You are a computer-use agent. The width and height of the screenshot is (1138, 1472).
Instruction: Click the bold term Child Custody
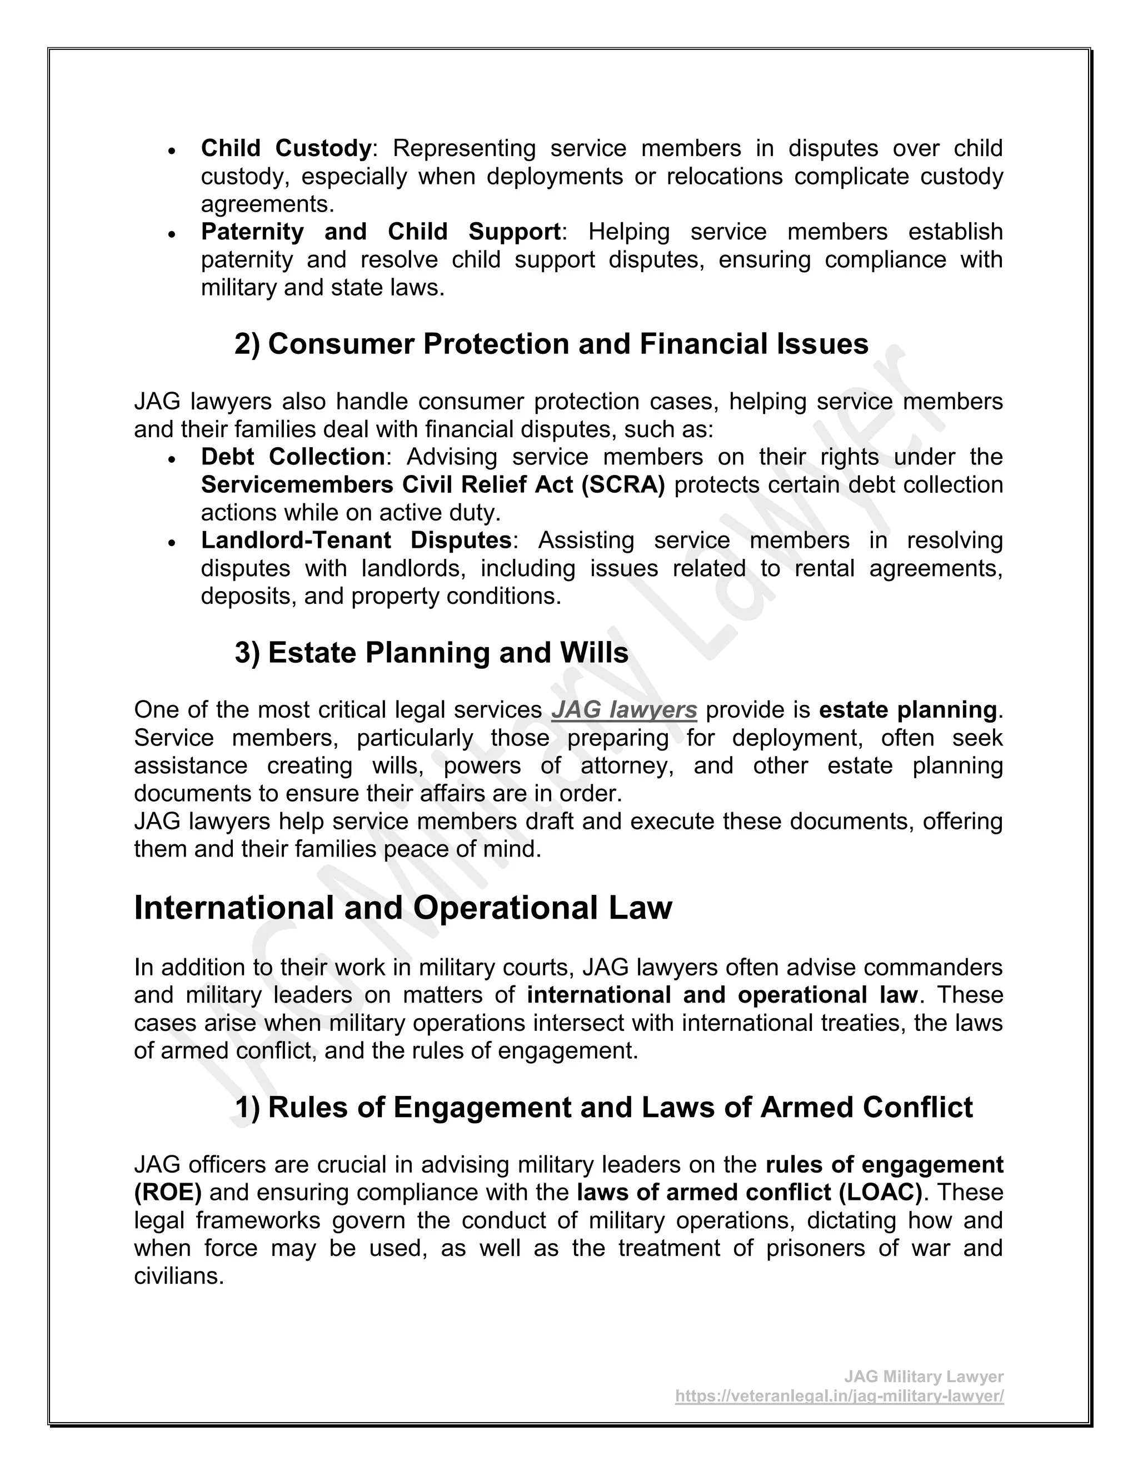click(286, 148)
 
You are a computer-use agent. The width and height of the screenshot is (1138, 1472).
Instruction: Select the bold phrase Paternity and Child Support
click(381, 232)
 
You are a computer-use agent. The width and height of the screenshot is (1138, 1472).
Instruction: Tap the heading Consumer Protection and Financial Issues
click(568, 344)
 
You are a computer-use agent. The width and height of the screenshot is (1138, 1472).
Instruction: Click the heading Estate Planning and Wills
click(448, 653)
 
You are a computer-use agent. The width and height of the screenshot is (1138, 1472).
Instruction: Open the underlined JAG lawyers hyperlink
click(623, 710)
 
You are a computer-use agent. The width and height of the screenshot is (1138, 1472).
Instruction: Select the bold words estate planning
click(907, 710)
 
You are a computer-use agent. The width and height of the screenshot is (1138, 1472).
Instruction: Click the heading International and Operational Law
click(402, 908)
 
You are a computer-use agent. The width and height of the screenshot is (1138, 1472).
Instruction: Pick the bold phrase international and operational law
click(722, 995)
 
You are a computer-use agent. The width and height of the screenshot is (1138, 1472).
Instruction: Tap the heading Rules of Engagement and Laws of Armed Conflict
click(620, 1108)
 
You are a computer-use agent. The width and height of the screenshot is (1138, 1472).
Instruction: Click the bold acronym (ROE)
click(168, 1192)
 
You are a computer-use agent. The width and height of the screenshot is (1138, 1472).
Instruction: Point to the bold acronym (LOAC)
click(881, 1192)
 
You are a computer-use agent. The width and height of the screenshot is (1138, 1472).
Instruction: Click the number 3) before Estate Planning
click(247, 653)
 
